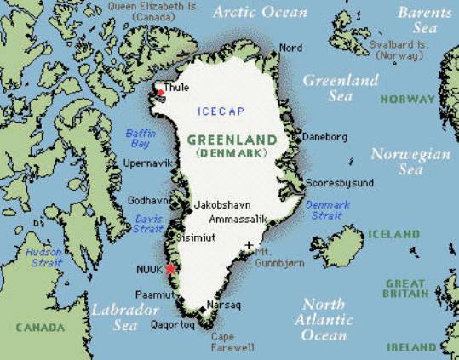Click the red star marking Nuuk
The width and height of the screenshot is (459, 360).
coord(170,269)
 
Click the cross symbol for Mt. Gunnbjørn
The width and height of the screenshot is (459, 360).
coord(249,246)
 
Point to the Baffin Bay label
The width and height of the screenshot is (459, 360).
coord(141,138)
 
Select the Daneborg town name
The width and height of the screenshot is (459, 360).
coord(325,136)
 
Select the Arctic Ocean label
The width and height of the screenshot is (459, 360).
coord(259,13)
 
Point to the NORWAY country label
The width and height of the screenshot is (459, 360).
coord(406,100)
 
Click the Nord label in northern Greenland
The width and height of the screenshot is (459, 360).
coord(290,48)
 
